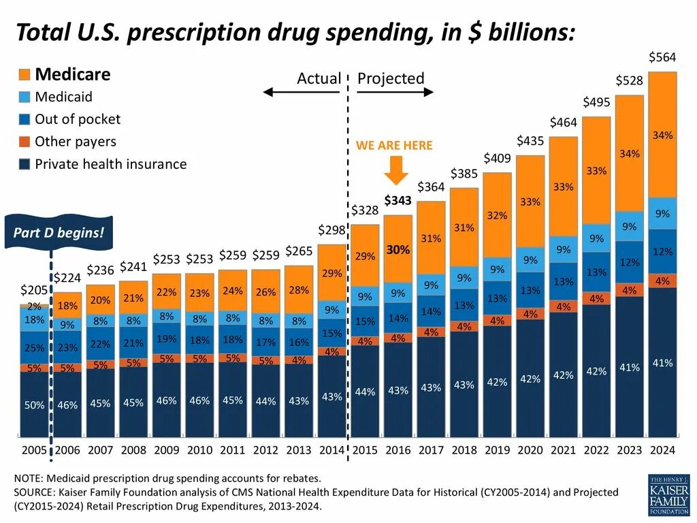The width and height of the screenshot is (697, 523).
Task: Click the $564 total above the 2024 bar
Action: click(x=662, y=57)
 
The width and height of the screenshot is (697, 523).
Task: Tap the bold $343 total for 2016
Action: click(x=398, y=201)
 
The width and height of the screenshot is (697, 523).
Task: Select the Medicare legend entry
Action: click(x=72, y=74)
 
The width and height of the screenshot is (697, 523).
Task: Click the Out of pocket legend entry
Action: click(x=77, y=119)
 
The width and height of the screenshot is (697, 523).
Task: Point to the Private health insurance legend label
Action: click(x=110, y=164)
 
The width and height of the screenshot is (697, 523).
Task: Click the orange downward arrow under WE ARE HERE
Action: click(x=396, y=170)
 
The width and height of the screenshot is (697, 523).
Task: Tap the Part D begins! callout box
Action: click(x=59, y=233)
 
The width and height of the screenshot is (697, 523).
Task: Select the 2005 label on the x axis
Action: click(x=34, y=450)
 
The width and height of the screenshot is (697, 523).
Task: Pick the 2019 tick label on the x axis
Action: click(x=498, y=450)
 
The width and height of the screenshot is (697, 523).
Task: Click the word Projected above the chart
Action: click(x=391, y=78)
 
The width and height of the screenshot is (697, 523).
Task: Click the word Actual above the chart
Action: click(x=319, y=79)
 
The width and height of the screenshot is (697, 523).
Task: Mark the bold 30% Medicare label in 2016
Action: click(x=398, y=250)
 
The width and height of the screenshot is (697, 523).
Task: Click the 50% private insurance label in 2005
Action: click(x=34, y=405)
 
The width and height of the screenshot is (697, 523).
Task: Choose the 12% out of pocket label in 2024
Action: click(x=662, y=252)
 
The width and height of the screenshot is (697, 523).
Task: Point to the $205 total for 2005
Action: click(x=34, y=290)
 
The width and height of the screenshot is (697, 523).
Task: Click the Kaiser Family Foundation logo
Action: click(x=668, y=494)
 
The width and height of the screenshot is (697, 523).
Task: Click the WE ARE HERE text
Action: click(x=394, y=146)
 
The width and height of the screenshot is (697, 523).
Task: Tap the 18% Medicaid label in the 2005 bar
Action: click(x=34, y=319)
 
